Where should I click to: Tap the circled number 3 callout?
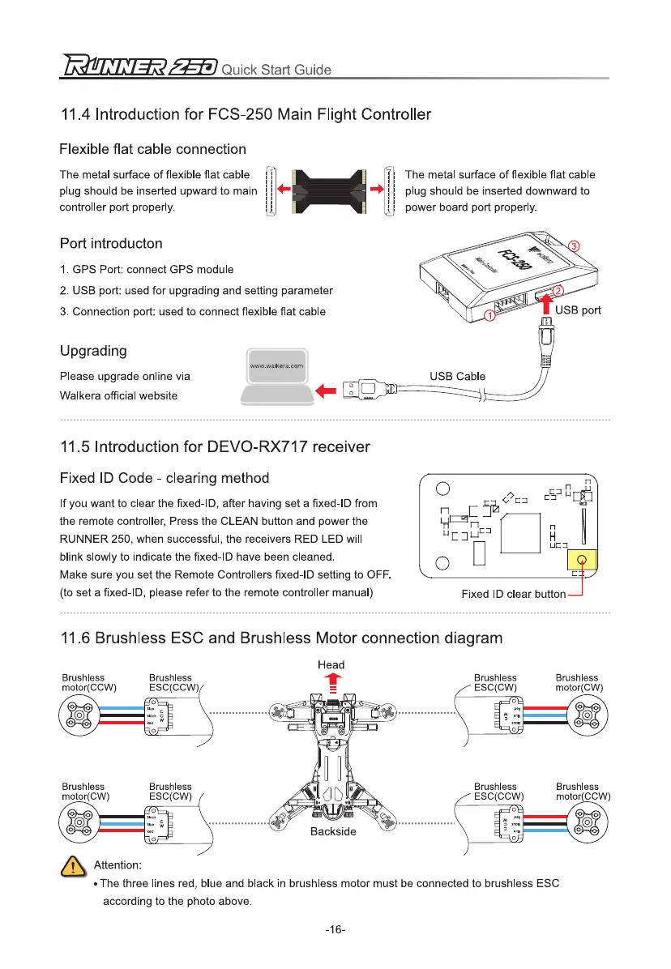point(573,245)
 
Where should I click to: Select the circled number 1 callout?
point(490,316)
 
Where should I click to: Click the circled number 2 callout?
point(558,290)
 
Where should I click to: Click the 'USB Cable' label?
point(457,376)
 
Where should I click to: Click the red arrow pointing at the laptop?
point(325,391)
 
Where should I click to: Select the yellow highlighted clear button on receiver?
point(580,560)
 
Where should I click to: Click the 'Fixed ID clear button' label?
point(513,594)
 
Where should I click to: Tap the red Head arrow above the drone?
point(331,683)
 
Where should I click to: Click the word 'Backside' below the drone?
point(332,832)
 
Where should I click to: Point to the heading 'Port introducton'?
point(111,243)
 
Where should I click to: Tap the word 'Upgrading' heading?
point(93,351)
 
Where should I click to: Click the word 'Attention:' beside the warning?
point(118,865)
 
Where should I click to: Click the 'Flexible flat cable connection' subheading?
point(153,149)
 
